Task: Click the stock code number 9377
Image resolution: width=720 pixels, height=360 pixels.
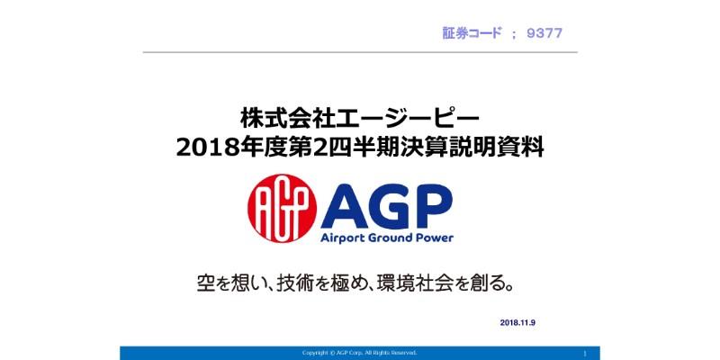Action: point(546,33)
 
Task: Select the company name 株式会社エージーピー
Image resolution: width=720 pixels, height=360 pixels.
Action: point(360,117)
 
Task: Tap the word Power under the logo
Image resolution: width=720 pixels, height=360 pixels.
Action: point(430,238)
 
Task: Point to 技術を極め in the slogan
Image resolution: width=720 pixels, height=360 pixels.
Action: point(334,284)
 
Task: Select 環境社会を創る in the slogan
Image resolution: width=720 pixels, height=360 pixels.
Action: point(460,284)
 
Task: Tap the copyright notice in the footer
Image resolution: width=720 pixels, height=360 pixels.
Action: point(359,353)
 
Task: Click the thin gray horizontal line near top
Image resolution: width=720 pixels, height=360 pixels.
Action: point(360,52)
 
